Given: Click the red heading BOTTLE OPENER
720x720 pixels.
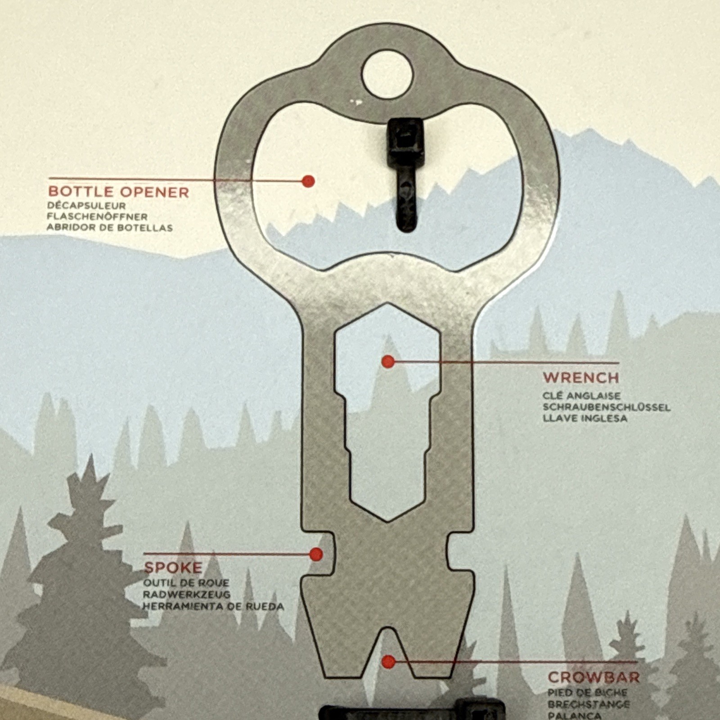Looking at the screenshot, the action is coord(118,192).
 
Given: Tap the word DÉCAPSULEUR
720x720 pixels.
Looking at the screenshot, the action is coord(86,206).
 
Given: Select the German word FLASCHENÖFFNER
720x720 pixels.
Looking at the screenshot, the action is coord(97,217).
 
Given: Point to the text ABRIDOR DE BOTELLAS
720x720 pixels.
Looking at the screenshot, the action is coord(109,228).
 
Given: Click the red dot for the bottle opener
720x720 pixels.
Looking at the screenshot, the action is coord(308,181).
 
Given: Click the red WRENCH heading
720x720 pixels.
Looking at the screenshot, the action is coord(581,378).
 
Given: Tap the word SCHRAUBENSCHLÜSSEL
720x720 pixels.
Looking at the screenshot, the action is coord(606,407).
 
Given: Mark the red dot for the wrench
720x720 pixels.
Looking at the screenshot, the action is coord(388,361).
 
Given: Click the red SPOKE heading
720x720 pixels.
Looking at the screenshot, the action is coord(173,567).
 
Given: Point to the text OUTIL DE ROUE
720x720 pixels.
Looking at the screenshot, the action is coord(186,583).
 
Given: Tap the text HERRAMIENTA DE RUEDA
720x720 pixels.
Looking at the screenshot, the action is coord(213,607).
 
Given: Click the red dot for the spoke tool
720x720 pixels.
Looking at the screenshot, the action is coord(316,554).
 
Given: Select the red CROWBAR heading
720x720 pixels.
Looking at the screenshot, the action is coord(594,677).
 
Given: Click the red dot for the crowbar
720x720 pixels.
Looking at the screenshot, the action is coord(388,661).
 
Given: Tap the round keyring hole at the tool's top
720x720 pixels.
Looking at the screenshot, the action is coord(387,75).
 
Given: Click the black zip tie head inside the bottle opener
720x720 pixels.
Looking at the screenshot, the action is coord(405,141).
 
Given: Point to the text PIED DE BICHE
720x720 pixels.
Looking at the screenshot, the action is coord(587,693).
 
